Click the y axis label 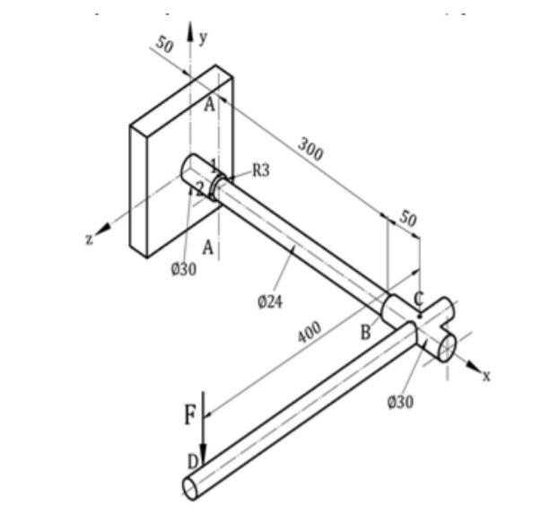(x=204, y=37)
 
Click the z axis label (x=90, y=239)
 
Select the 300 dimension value (x=310, y=150)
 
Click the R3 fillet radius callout (x=260, y=172)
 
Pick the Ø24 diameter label (x=269, y=302)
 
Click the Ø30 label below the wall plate (x=183, y=271)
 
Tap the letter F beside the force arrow (x=189, y=415)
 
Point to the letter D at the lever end (x=191, y=461)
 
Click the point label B (x=366, y=333)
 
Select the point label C (x=419, y=299)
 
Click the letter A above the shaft (x=209, y=105)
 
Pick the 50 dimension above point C (x=408, y=218)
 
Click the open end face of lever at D (x=193, y=487)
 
